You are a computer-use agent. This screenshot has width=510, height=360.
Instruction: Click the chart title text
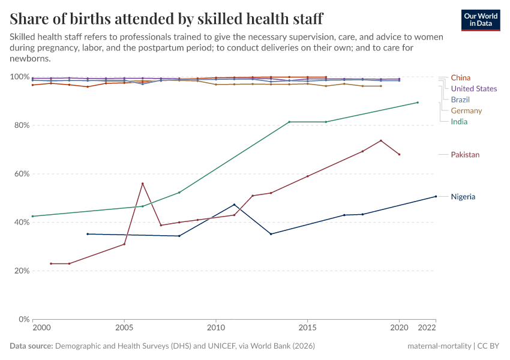click(x=166, y=18)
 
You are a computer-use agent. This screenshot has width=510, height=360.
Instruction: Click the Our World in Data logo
click(x=481, y=20)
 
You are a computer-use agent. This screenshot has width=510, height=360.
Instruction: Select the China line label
click(x=460, y=77)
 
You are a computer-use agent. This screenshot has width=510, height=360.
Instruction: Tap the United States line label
click(x=473, y=89)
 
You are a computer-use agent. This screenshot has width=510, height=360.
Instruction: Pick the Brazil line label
click(x=460, y=100)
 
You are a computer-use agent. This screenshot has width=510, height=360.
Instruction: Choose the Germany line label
click(x=466, y=111)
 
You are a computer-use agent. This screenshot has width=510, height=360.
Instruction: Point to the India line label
click(x=459, y=122)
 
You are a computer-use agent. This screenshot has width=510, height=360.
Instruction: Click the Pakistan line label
click(x=465, y=155)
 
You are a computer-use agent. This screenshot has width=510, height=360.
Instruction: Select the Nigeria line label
click(x=463, y=197)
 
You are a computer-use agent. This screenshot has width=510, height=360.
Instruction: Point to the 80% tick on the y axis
click(x=20, y=125)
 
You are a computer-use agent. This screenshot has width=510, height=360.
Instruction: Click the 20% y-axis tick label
click(x=20, y=271)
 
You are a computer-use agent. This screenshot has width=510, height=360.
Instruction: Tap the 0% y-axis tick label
click(x=22, y=319)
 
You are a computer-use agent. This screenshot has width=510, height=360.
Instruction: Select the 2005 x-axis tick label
click(x=124, y=328)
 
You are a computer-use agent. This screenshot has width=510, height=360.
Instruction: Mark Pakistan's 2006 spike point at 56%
click(x=142, y=184)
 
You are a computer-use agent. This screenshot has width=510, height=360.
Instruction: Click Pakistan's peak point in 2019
click(x=381, y=140)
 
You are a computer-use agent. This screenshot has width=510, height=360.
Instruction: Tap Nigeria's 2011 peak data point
click(x=234, y=205)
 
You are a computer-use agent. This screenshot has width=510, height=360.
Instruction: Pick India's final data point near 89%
click(x=418, y=103)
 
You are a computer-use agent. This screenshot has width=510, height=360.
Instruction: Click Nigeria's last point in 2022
click(x=436, y=196)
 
